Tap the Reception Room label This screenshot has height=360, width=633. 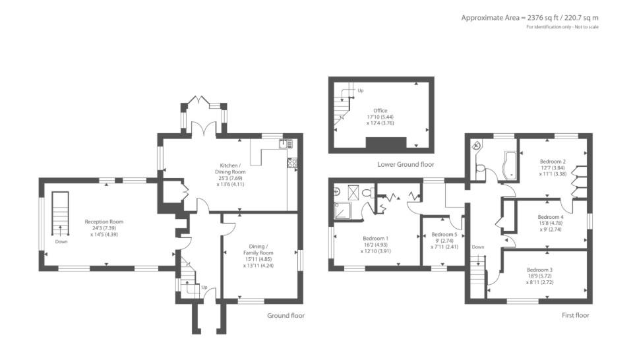point(104,222)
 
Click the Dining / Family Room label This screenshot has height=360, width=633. point(258,248)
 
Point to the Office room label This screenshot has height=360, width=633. point(380,111)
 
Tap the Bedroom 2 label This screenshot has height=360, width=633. point(553,162)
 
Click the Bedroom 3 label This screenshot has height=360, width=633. point(539,270)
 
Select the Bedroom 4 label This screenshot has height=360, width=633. point(551,217)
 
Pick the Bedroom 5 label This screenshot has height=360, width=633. point(444,235)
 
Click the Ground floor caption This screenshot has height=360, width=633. point(286,316)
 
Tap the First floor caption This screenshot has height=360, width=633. point(575,316)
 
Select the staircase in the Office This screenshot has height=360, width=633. point(344,105)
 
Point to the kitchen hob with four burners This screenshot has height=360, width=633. point(291,163)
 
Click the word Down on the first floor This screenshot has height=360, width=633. point(478,247)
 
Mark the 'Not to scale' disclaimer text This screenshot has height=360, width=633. point(562,26)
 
